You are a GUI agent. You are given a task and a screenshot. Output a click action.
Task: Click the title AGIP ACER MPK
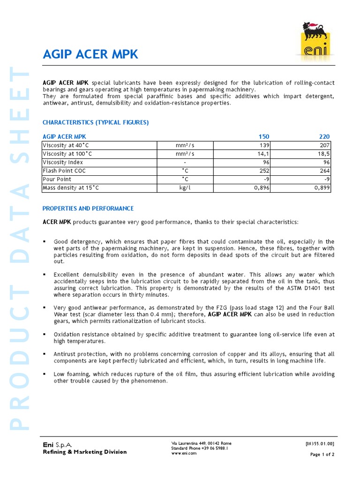coord(90,54)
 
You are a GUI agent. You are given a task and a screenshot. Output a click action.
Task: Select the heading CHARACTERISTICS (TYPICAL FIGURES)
coord(96,122)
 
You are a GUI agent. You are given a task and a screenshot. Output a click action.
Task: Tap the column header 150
coord(264,136)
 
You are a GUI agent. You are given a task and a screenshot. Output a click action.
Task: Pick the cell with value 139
coord(265,145)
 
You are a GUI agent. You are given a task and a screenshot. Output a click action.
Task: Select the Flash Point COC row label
coord(64,171)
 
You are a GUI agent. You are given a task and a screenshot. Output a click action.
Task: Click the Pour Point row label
coord(57,179)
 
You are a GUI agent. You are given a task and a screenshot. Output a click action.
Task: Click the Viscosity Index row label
coord(63,162)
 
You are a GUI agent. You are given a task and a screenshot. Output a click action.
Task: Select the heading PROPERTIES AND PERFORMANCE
coord(88,208)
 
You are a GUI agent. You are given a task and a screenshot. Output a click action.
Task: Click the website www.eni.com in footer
coord(184,453)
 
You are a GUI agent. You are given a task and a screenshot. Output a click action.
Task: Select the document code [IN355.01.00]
coord(320,443)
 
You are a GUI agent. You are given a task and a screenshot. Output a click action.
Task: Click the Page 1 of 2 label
coord(322,455)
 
